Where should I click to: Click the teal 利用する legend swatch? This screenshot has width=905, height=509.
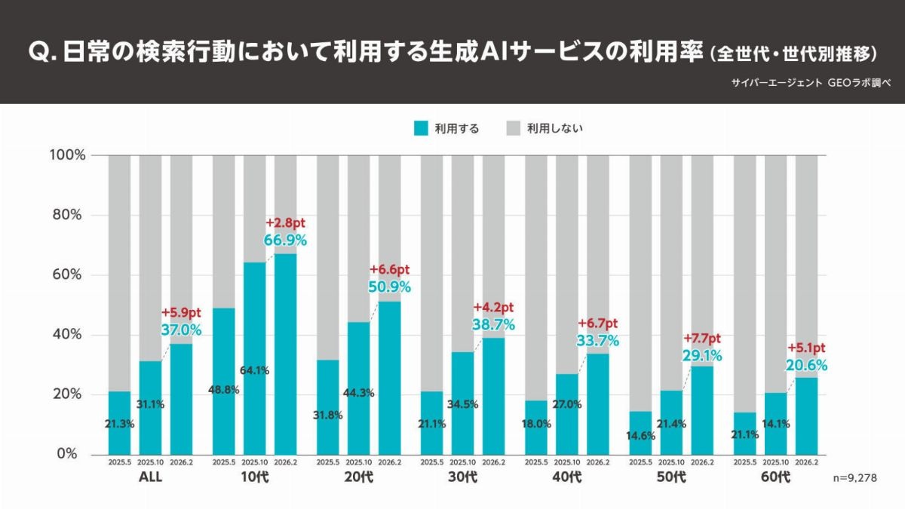[x=422, y=128]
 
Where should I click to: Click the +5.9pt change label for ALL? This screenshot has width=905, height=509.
[x=181, y=312]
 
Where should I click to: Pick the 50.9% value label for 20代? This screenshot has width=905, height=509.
[x=389, y=287]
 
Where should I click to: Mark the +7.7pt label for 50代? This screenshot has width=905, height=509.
[x=701, y=339]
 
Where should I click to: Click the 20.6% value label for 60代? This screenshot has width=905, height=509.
[x=806, y=365]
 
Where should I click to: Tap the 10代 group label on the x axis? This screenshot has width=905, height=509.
[x=254, y=477]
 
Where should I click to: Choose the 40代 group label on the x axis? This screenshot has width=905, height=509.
[x=566, y=477]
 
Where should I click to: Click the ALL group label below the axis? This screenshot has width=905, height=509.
[x=150, y=477]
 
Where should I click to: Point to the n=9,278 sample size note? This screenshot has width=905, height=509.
[x=855, y=477]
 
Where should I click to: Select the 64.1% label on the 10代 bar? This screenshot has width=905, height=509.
[x=254, y=370]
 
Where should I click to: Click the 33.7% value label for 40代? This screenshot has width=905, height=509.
[x=597, y=340]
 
